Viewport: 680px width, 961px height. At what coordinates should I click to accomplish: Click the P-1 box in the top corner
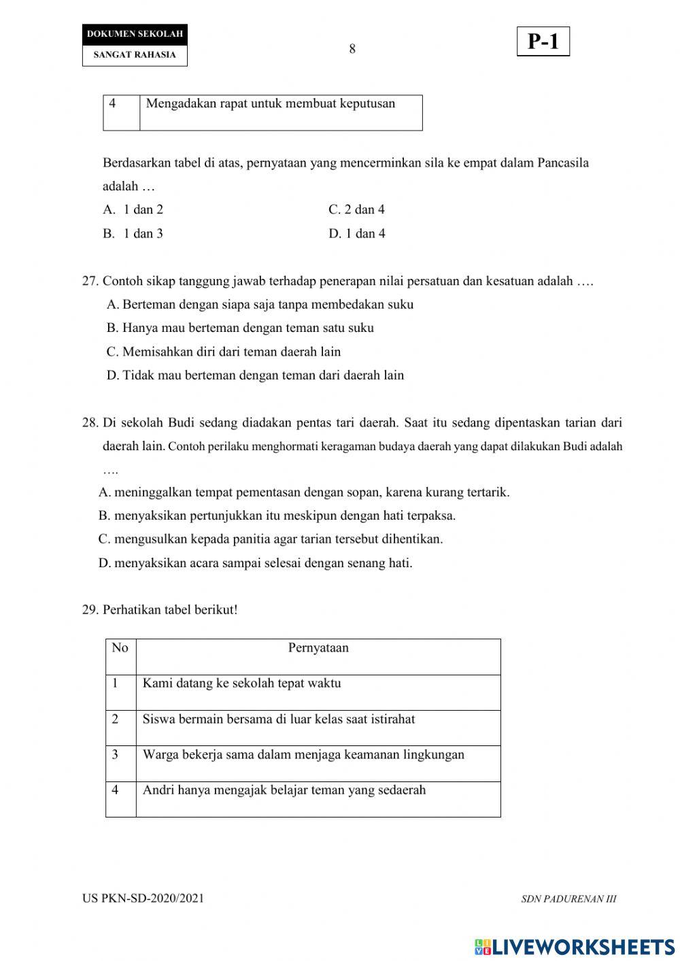coord(543,42)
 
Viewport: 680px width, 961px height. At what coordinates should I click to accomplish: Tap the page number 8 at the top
coord(352,49)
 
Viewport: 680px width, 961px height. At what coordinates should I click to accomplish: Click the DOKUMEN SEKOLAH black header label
coord(135,34)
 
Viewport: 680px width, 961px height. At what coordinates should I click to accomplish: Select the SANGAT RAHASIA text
coord(135,55)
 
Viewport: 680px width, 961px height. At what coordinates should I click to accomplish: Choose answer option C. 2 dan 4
coord(356,209)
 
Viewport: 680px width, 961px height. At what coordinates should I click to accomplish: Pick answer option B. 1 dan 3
coord(133,233)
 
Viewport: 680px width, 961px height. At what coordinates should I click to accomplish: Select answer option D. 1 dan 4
coord(357,233)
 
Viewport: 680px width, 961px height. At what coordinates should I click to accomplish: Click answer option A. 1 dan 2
coord(133,209)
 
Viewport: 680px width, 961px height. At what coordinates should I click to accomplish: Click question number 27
coord(90,281)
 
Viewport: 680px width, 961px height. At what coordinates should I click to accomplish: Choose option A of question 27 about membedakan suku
coord(260,304)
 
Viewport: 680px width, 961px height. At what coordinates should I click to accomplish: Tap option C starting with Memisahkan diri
coord(224,352)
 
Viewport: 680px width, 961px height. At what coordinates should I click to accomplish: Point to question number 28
coord(90,422)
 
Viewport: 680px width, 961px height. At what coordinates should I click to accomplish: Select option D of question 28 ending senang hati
coord(255,562)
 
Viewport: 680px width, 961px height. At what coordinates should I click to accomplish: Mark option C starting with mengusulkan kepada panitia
coord(270,539)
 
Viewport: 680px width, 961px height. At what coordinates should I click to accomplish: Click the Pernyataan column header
coord(318,647)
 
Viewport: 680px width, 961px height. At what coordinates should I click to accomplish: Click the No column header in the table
coord(120,647)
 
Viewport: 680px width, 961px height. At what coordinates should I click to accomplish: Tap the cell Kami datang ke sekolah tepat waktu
coord(241,683)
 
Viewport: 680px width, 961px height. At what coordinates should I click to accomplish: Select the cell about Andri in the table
coord(284,790)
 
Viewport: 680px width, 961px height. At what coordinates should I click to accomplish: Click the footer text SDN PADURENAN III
coord(568,898)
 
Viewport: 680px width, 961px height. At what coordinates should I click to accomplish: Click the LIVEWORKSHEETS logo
coord(575,946)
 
